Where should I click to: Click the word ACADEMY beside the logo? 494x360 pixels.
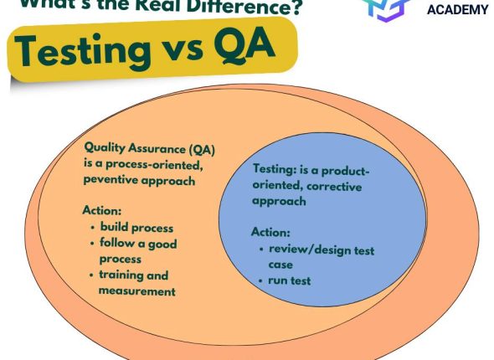(457, 9)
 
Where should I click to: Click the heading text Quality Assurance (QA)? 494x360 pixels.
(149, 149)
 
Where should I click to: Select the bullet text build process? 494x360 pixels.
(136, 227)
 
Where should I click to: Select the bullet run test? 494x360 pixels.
(290, 280)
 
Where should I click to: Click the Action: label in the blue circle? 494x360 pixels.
(271, 232)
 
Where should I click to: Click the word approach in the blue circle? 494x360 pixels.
(279, 202)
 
